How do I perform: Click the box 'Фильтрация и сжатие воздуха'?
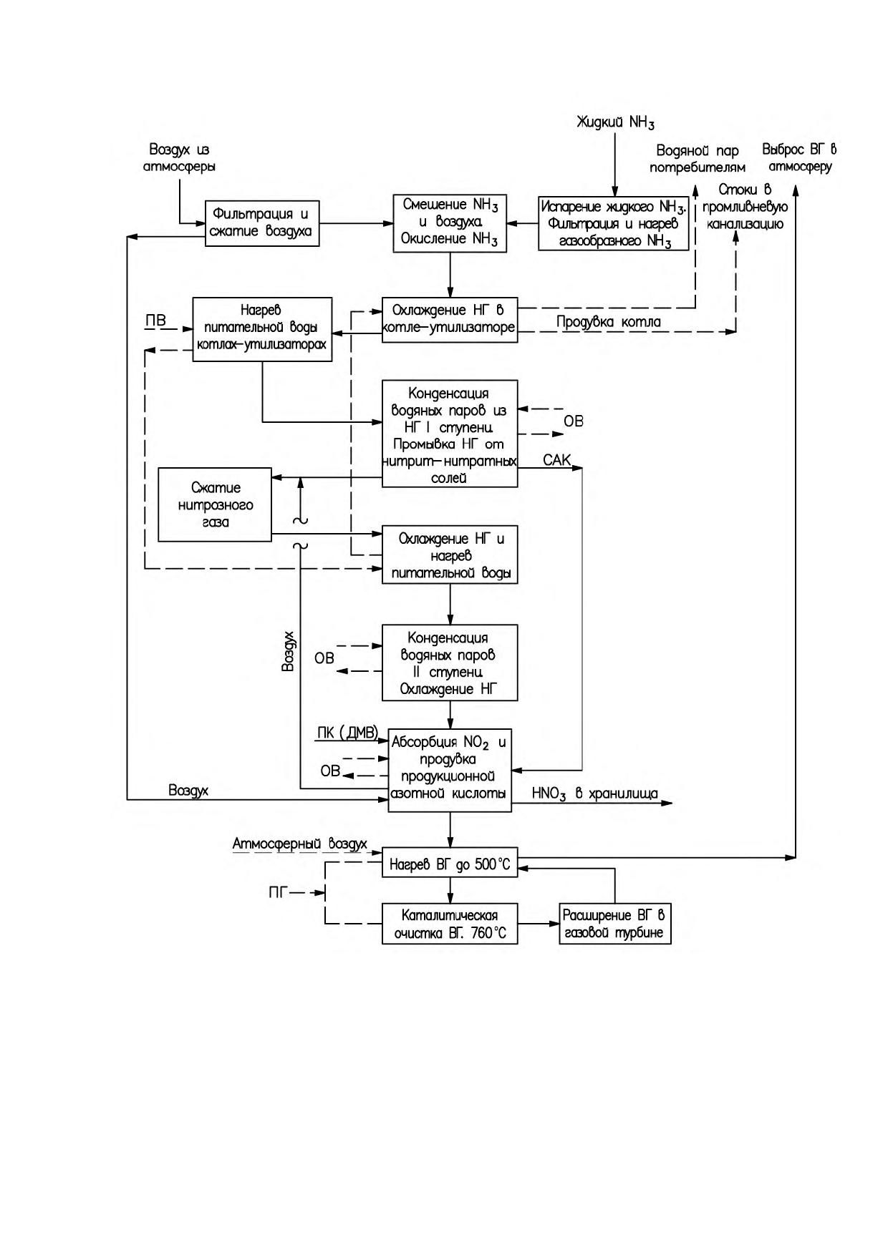[x=262, y=223]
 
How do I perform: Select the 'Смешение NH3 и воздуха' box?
[x=450, y=223]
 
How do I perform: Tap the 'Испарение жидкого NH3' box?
[x=614, y=223]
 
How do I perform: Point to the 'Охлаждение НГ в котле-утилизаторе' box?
[x=449, y=319]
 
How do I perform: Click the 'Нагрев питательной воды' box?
[x=262, y=329]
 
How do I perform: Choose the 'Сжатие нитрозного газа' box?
[x=215, y=505]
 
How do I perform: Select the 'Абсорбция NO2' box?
[x=450, y=770]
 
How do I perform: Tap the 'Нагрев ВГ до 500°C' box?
[x=450, y=864]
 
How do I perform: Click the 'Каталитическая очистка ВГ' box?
[x=450, y=924]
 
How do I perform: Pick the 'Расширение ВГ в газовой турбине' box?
[x=615, y=924]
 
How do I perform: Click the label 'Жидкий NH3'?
[x=616, y=123]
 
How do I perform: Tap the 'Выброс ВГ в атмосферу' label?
[x=799, y=158]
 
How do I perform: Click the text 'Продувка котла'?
[x=609, y=322]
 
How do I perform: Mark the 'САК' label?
[x=557, y=459]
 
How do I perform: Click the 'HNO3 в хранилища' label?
[x=594, y=793]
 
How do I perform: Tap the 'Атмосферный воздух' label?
[x=299, y=844]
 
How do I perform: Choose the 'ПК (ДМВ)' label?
[x=347, y=733]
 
